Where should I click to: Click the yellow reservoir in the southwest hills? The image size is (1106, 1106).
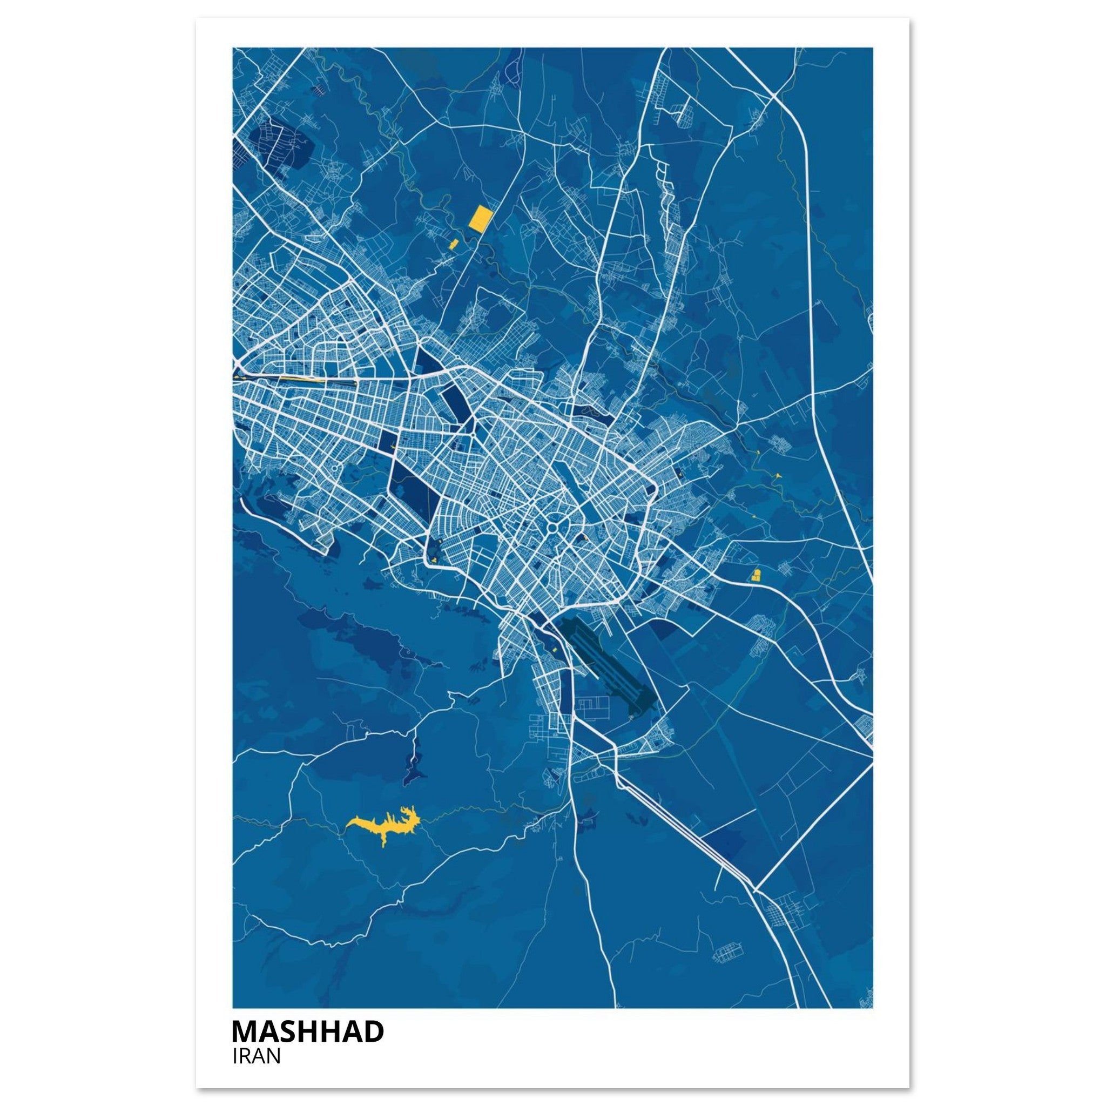pos(385,822)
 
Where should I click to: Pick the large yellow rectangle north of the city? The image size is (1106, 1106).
pos(480,218)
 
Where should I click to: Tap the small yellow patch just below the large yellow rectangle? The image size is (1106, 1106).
pos(454,245)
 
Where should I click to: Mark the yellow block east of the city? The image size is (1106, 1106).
pos(755,575)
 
